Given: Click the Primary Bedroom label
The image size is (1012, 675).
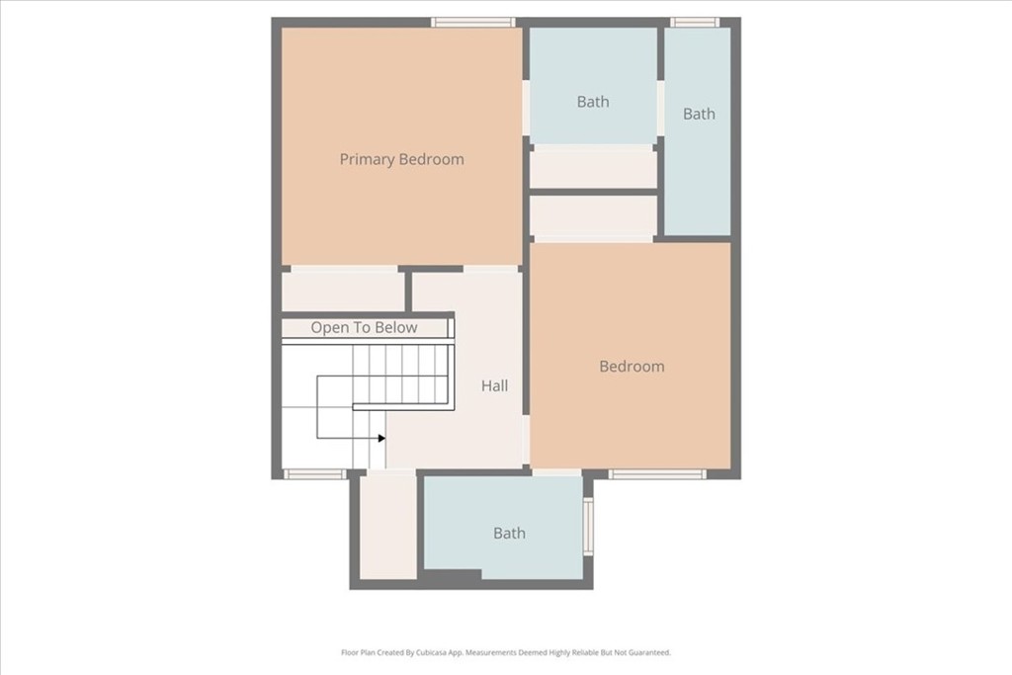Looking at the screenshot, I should click(x=401, y=159).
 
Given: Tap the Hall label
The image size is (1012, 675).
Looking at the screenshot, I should click(x=495, y=385).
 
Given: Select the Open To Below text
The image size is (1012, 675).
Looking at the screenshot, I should click(x=364, y=328).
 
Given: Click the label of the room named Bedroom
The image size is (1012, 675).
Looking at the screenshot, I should click(x=632, y=367).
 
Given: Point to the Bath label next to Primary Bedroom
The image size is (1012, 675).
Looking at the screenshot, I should click(x=593, y=102).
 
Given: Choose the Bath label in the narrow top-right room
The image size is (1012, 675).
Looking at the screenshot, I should click(x=699, y=114).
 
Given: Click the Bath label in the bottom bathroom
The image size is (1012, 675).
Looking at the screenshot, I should click(x=509, y=534).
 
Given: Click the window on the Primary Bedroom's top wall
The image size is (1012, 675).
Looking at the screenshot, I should click(x=473, y=22).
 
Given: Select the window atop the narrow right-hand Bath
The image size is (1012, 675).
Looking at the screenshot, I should click(x=695, y=22).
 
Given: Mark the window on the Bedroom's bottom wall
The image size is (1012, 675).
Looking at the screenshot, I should click(x=657, y=474).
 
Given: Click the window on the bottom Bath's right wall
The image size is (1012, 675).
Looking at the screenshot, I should click(x=588, y=526).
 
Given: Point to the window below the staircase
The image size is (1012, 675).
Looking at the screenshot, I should click(x=315, y=474).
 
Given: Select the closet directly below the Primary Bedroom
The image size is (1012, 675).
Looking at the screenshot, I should click(x=343, y=292).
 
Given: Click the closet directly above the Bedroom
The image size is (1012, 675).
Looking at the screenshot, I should click(x=593, y=216).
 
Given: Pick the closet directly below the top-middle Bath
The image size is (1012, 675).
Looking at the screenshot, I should click(x=593, y=167).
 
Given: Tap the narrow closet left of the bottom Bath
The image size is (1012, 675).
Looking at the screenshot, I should click(x=387, y=528).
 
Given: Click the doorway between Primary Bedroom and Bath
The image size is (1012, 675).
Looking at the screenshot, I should click(x=526, y=109).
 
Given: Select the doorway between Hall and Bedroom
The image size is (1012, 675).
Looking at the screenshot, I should click(x=526, y=441).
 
